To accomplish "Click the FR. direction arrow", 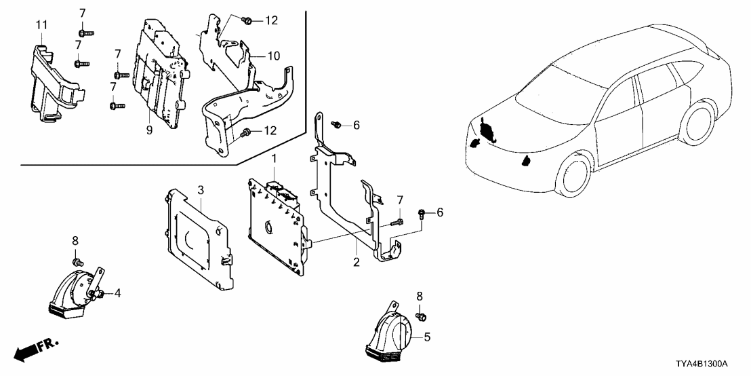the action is click(36, 349).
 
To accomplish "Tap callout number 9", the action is click(149, 130).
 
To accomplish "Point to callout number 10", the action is click(273, 56).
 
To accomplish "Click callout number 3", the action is click(201, 190).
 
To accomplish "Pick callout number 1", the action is click(275, 158).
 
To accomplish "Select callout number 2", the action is click(357, 262).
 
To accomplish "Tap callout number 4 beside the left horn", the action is click(117, 293).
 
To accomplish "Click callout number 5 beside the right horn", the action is click(427, 337).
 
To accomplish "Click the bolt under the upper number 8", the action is click(76, 262).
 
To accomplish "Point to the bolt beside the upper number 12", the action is click(247, 20).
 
